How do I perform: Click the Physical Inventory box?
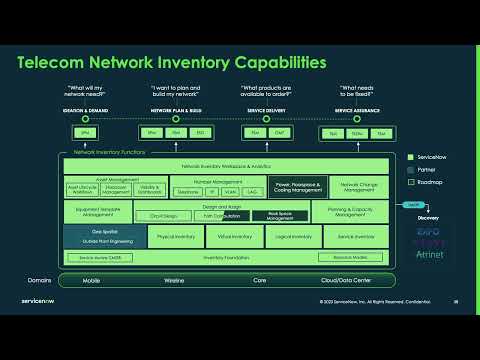pos(176,237)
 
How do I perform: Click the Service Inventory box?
pos(355,237)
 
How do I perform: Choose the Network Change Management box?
pos(359,186)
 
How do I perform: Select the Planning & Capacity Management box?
pos(355,212)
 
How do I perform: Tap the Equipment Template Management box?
pos(103,212)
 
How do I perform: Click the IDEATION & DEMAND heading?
pos(84,110)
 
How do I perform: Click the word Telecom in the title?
pos(56,63)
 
